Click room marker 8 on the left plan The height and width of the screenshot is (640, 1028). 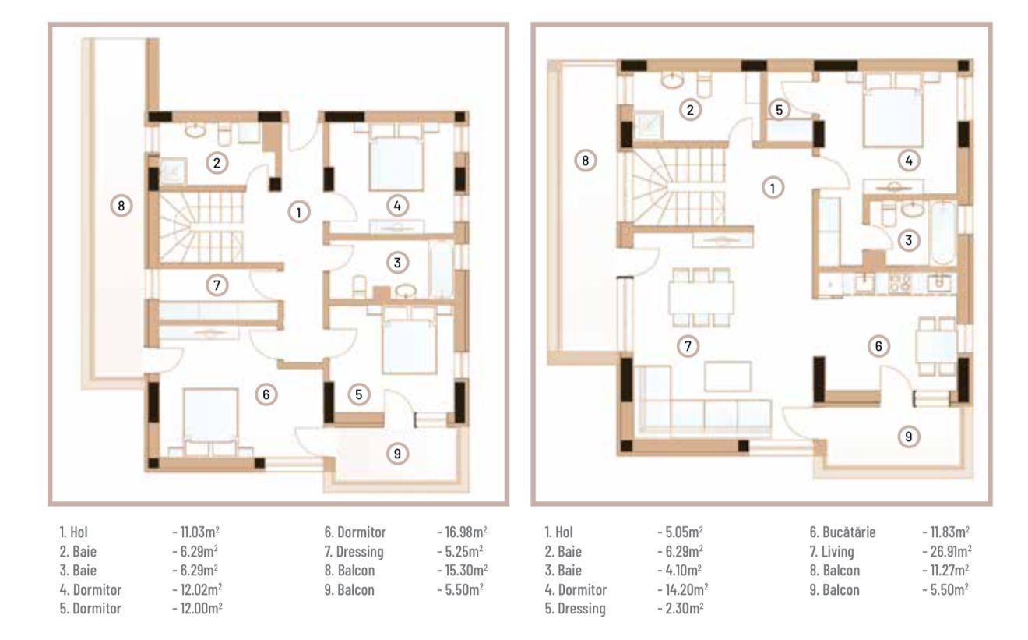pyautogui.click(x=121, y=205)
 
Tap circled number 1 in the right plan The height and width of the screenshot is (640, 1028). pyautogui.click(x=773, y=188)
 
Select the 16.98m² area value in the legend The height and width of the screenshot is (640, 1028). pyautogui.click(x=462, y=532)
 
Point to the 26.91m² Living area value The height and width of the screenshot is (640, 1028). pyautogui.click(x=947, y=551)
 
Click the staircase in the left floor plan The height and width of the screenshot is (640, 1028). pyautogui.click(x=201, y=228)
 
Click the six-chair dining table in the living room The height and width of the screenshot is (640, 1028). pyautogui.click(x=701, y=298)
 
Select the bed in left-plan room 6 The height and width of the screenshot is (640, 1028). pyautogui.click(x=210, y=422)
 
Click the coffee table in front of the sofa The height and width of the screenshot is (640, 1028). pyautogui.click(x=728, y=377)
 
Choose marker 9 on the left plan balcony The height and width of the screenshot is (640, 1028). pyautogui.click(x=397, y=454)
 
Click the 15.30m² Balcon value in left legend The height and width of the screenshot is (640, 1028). pyautogui.click(x=463, y=570)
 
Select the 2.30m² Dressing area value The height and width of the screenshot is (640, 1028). pyautogui.click(x=681, y=608)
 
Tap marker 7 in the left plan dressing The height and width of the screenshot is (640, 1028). pyautogui.click(x=217, y=285)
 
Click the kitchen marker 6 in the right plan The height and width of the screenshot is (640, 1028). pyautogui.click(x=878, y=346)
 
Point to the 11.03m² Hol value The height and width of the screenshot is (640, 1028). pyautogui.click(x=196, y=532)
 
